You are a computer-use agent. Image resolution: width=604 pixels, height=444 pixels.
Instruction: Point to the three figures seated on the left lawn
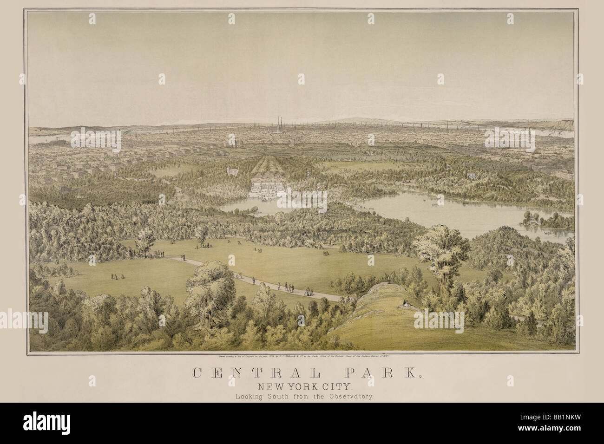tap(117, 276)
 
